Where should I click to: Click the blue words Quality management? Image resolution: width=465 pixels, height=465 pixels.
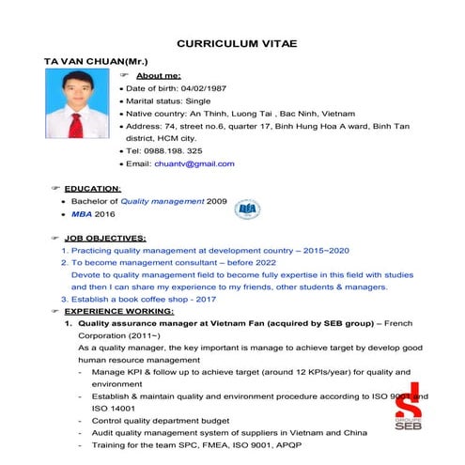[162, 201]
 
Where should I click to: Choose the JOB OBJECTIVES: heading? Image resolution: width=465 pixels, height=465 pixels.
[104, 239]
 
